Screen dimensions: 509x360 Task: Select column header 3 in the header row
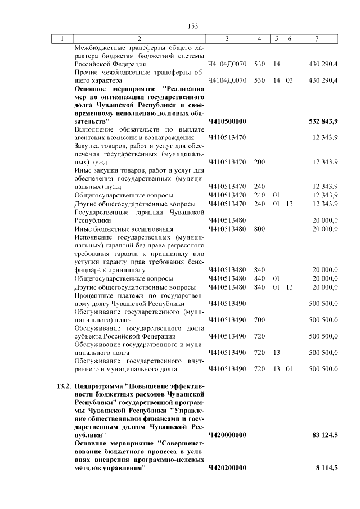pos(227,39)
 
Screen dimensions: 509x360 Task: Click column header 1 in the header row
pos(62,39)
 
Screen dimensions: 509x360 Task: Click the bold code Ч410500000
pos(227,121)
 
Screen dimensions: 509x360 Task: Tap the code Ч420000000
pos(227,435)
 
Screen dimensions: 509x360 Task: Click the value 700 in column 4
pos(259,320)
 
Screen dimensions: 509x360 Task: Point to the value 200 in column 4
pos(259,162)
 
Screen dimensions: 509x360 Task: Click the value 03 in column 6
pos(289,80)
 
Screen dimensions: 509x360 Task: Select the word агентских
pos(91,138)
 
